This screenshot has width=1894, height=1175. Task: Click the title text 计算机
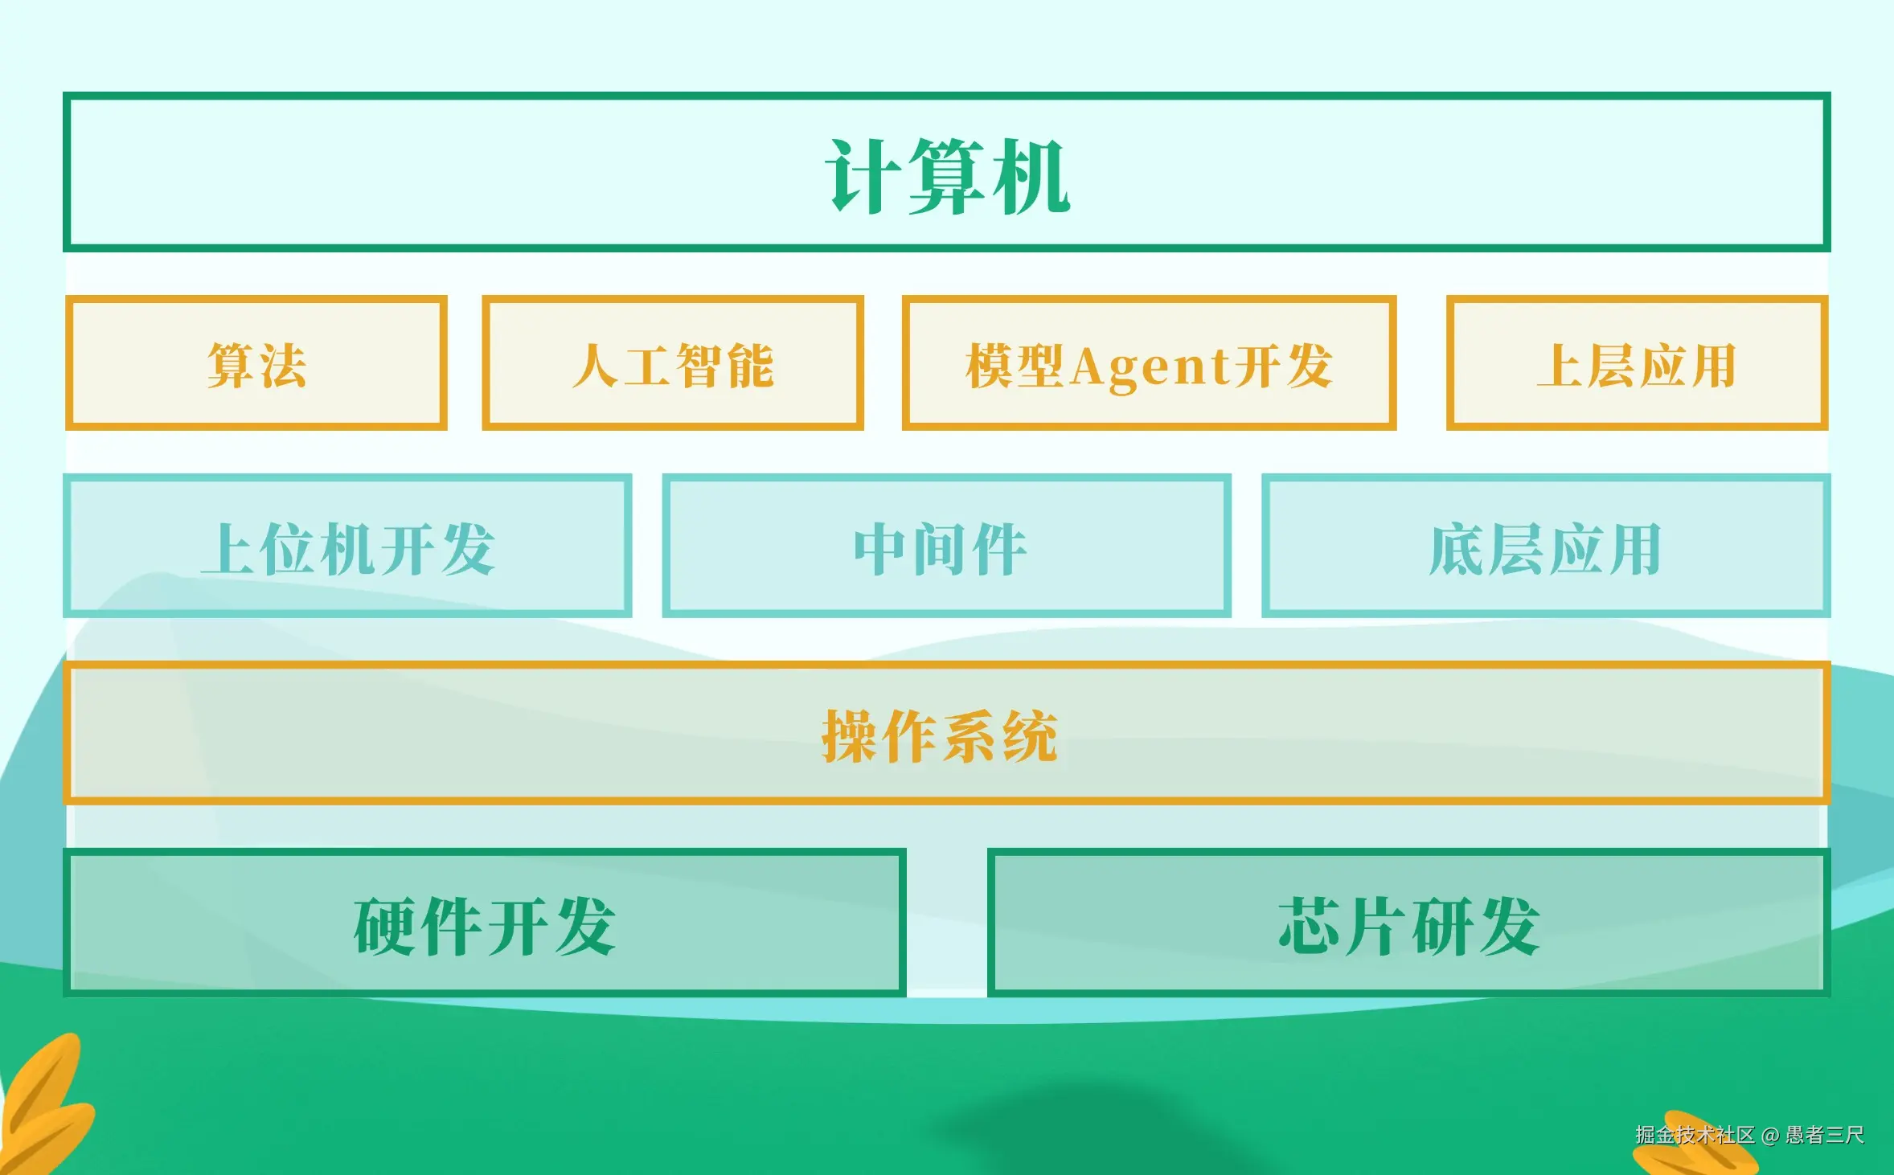948,175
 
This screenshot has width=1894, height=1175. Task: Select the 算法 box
256,362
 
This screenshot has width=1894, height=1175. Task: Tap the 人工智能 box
673,362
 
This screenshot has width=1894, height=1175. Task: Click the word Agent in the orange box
1150,367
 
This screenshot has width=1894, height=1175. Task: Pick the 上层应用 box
1637,362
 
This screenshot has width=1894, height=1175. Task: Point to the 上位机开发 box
347,546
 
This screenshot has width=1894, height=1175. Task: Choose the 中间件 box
946,546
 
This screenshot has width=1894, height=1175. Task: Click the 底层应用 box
1546,546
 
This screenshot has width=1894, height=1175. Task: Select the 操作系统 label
939,735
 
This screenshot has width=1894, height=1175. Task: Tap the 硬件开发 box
485,923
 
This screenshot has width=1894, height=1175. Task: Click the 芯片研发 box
1408,923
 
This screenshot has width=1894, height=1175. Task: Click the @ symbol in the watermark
1770,1136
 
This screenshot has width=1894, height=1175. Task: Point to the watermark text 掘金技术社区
1695,1135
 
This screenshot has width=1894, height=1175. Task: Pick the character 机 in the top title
1031,175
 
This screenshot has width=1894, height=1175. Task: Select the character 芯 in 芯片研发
1311,926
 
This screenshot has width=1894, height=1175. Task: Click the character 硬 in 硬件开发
386,926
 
